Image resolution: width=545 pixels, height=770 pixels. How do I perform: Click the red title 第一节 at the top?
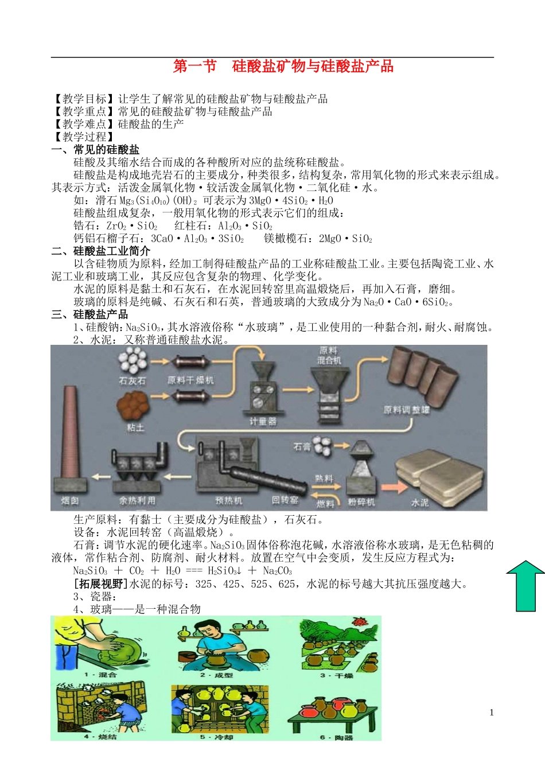pos(195,67)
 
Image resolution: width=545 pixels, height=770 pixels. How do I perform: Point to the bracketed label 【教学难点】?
pos(84,124)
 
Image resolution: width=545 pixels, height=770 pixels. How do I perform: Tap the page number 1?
pos(492,713)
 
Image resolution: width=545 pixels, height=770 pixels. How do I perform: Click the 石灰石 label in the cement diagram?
pos(132,380)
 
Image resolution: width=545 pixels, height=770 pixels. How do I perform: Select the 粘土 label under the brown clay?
pos(135,427)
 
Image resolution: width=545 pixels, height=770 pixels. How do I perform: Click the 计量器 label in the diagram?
pos(263,422)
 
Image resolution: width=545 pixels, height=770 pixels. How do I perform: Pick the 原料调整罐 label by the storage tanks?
pos(406,410)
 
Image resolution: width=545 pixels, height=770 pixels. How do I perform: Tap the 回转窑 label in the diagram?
pos(285,500)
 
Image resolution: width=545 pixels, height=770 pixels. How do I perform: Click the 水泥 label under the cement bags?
pos(420,503)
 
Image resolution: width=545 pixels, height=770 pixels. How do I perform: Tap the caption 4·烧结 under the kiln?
pos(100,736)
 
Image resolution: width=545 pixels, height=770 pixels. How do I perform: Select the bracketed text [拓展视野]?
pos(101,584)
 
